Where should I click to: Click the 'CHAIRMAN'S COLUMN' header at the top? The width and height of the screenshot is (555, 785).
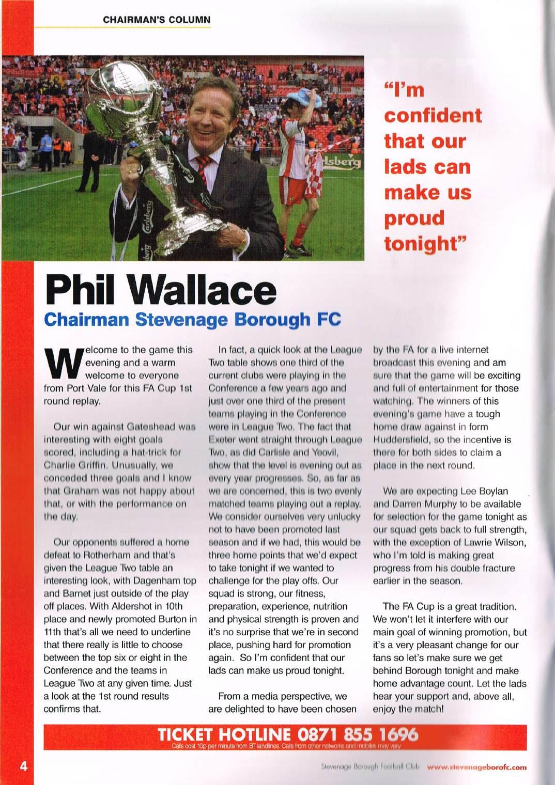pos(157,20)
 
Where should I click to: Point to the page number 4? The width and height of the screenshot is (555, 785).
pos(23,765)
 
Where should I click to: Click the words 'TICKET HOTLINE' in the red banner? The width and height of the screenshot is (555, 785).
pos(225,734)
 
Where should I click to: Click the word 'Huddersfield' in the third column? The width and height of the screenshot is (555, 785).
pos(398,439)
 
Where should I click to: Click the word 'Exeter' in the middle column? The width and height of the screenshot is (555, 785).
pos(222,439)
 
